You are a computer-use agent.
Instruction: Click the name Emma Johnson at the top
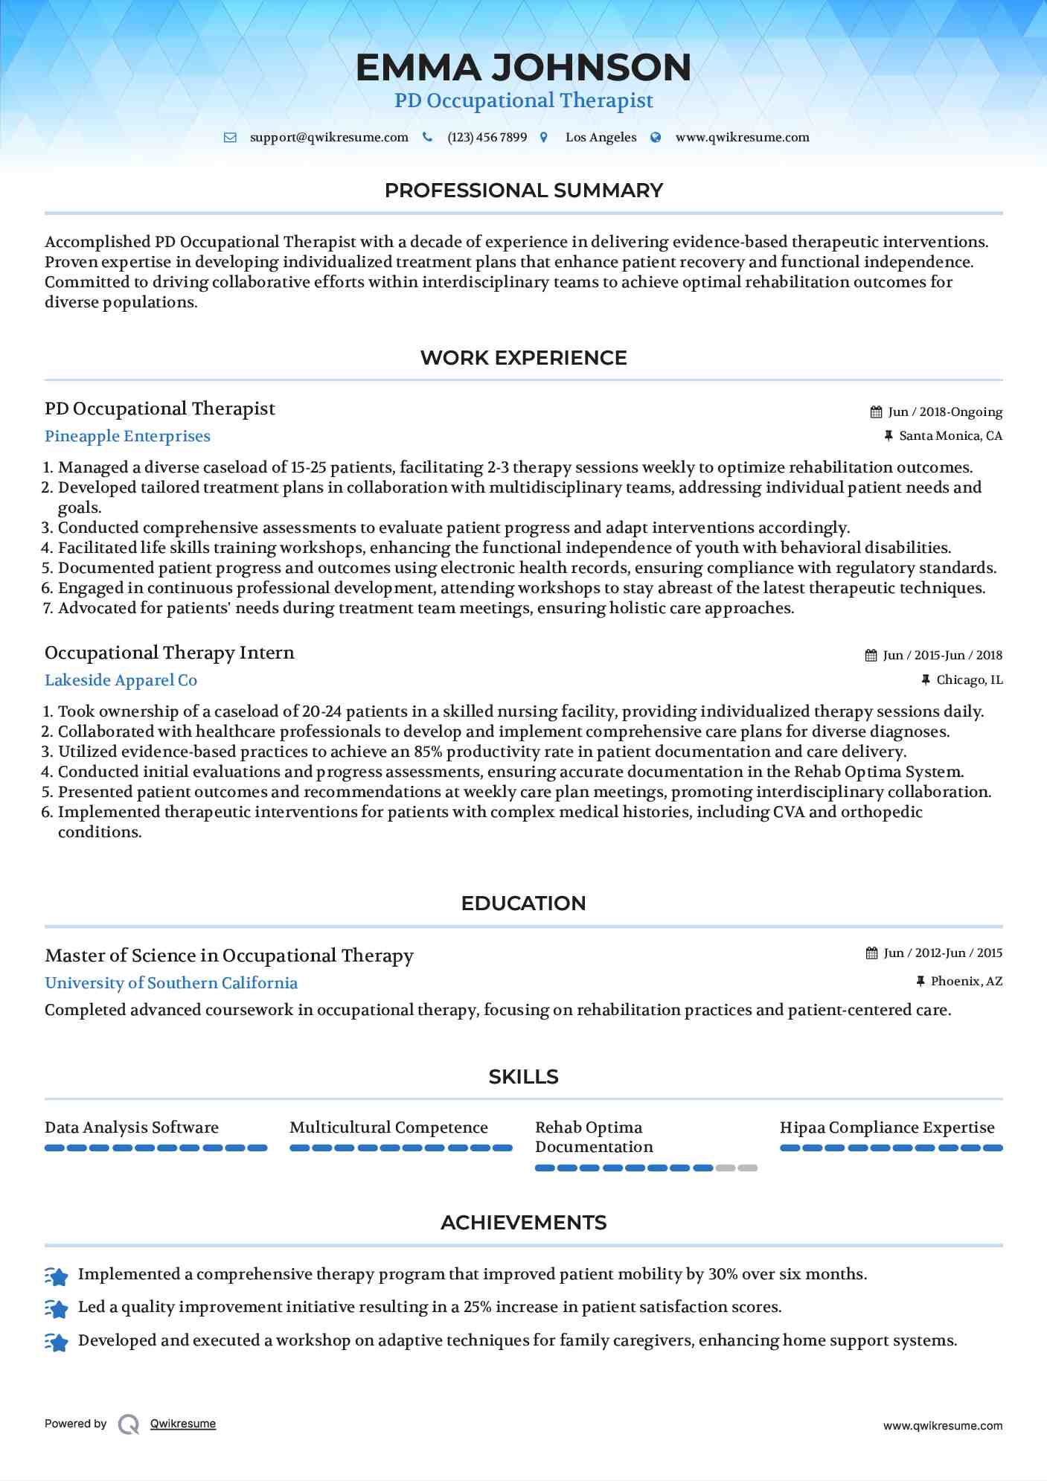[523, 67]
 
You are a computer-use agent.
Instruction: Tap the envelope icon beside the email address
[231, 138]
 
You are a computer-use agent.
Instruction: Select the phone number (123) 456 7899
[487, 138]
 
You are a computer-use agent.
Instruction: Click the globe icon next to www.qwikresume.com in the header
[656, 138]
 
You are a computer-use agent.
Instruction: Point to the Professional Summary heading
[523, 191]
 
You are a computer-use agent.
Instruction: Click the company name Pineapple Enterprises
[127, 436]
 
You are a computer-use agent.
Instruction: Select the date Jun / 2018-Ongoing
[945, 412]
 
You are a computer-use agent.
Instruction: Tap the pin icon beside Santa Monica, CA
[888, 436]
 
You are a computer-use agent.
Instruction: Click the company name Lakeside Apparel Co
[121, 680]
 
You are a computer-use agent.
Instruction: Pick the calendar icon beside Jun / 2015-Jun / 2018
[871, 656]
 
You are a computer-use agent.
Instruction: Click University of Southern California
[171, 983]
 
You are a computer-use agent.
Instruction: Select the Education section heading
[523, 903]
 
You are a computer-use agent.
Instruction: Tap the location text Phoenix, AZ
[967, 982]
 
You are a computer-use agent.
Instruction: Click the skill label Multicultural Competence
[388, 1127]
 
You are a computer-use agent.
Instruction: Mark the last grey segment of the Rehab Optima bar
[748, 1168]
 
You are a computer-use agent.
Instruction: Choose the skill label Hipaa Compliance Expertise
[887, 1127]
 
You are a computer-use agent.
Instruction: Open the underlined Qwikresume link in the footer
[183, 1424]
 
